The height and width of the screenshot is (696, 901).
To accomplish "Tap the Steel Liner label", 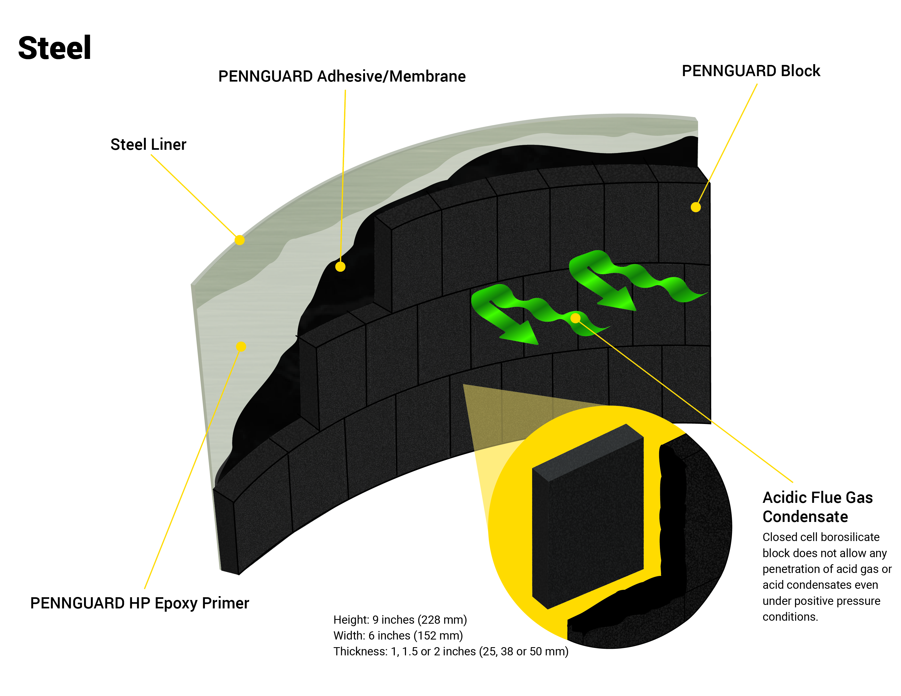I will coord(148,145).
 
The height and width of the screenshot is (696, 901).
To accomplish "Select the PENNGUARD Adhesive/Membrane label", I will coord(342,77).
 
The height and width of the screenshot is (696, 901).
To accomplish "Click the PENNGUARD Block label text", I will coord(751,71).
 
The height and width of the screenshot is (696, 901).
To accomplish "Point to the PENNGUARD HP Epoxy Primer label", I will coord(140,603).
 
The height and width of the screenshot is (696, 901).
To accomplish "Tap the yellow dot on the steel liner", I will coord(239,240).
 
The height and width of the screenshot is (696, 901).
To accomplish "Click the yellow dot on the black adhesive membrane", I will coord(340,267).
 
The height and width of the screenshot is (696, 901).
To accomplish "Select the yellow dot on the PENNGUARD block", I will coord(696,207).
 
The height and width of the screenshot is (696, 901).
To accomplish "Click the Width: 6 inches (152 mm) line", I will coord(398,636).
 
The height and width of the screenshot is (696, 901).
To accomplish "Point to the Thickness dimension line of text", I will coord(450,652).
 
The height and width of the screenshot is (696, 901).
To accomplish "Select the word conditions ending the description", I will coord(790,617).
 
